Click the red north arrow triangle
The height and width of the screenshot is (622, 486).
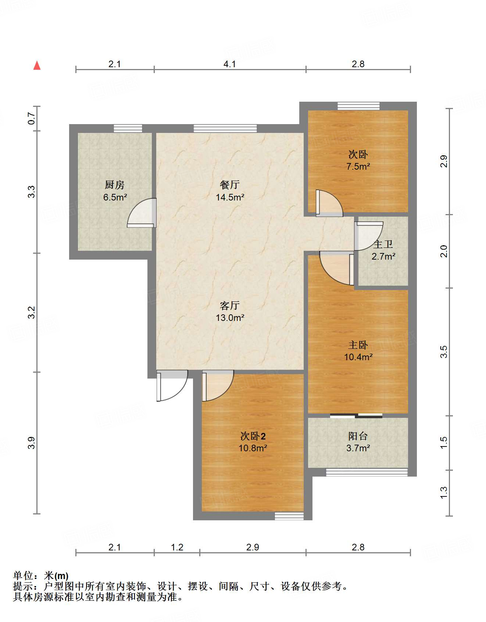coord(37,65)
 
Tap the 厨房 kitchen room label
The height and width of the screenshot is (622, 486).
coord(115,185)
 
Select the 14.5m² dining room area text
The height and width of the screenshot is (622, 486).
coord(230,197)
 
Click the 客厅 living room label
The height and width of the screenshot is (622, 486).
coord(230,305)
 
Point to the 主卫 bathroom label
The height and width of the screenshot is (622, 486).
coord(383,244)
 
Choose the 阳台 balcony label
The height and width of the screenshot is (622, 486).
coord(358,436)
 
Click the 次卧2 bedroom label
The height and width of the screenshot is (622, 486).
coord(253,436)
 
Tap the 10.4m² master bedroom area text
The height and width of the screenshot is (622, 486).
coord(358,357)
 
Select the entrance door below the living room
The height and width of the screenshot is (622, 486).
coord(172,386)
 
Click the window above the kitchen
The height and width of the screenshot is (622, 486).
coord(128,129)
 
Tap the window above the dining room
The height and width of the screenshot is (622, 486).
coord(225,129)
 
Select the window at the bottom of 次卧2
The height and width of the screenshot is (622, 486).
coord(289,516)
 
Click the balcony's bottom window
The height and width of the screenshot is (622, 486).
coord(367,472)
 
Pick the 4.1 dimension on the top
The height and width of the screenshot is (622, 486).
coord(230,64)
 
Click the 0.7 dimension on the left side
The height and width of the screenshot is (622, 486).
coord(32,118)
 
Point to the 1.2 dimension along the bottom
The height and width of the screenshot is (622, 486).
coord(177,547)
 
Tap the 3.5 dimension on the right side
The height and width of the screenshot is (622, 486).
coord(444,352)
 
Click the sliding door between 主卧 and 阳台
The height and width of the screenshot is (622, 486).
coord(356,416)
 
